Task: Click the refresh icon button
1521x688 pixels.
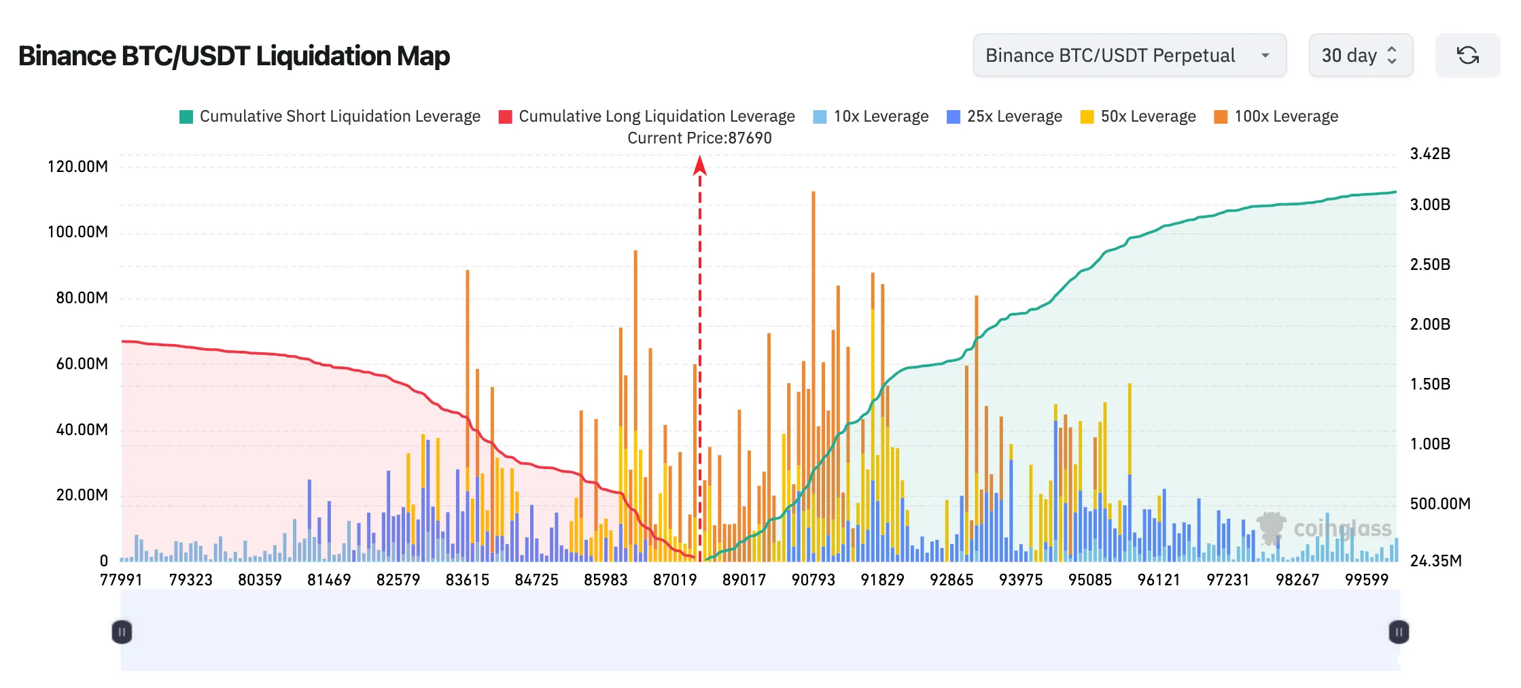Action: point(1467,55)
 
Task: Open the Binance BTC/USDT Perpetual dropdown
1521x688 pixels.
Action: point(1129,55)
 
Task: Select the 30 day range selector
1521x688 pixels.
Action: point(1360,55)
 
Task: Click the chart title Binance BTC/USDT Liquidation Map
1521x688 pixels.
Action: point(234,56)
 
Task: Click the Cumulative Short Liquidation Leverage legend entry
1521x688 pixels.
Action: point(330,116)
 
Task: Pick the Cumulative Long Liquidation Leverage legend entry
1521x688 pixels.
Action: point(647,116)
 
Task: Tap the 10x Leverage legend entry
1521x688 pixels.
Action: point(871,116)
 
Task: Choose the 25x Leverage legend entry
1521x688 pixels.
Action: point(1004,116)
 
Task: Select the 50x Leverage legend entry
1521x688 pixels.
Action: point(1138,116)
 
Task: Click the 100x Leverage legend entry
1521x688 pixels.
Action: point(1276,116)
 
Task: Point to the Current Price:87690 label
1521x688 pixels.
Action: point(699,138)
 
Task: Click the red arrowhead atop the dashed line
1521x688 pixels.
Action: point(699,166)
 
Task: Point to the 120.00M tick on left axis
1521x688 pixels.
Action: point(77,167)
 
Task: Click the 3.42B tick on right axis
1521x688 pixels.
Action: point(1430,154)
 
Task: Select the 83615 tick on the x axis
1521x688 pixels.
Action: point(468,580)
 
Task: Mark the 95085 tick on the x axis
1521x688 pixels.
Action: point(1090,580)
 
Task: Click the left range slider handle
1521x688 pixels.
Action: point(122,632)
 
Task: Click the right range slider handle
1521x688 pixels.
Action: point(1399,632)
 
